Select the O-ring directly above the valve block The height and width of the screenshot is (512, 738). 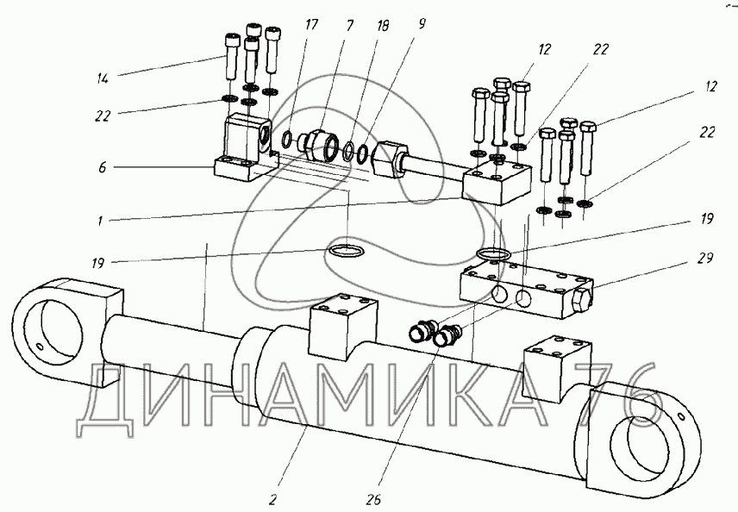coord(491,254)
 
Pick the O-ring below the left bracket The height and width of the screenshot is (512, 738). coord(348,251)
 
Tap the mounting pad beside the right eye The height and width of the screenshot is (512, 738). coord(555,361)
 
